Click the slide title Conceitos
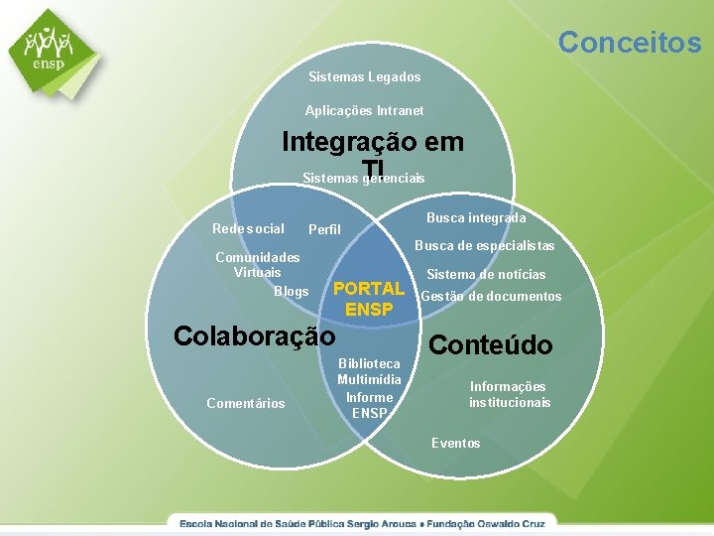pos(629,42)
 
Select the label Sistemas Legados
pos(364,76)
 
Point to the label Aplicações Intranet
pos(364,110)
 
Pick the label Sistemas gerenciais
pos(363,179)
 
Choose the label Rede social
pos(248,229)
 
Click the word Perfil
pos(324,230)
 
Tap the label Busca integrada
pos(476,217)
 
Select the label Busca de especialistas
pos(484,246)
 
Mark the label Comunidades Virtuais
pos(258,264)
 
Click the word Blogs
pos(291,291)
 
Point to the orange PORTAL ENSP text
pos(369,299)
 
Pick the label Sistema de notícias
pos(486,275)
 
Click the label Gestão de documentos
pos(491,296)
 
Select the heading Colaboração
pos(254,335)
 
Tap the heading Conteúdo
pos(491,344)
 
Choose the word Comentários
pos(245,403)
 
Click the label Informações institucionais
pos(509,394)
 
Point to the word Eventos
pos(455,443)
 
